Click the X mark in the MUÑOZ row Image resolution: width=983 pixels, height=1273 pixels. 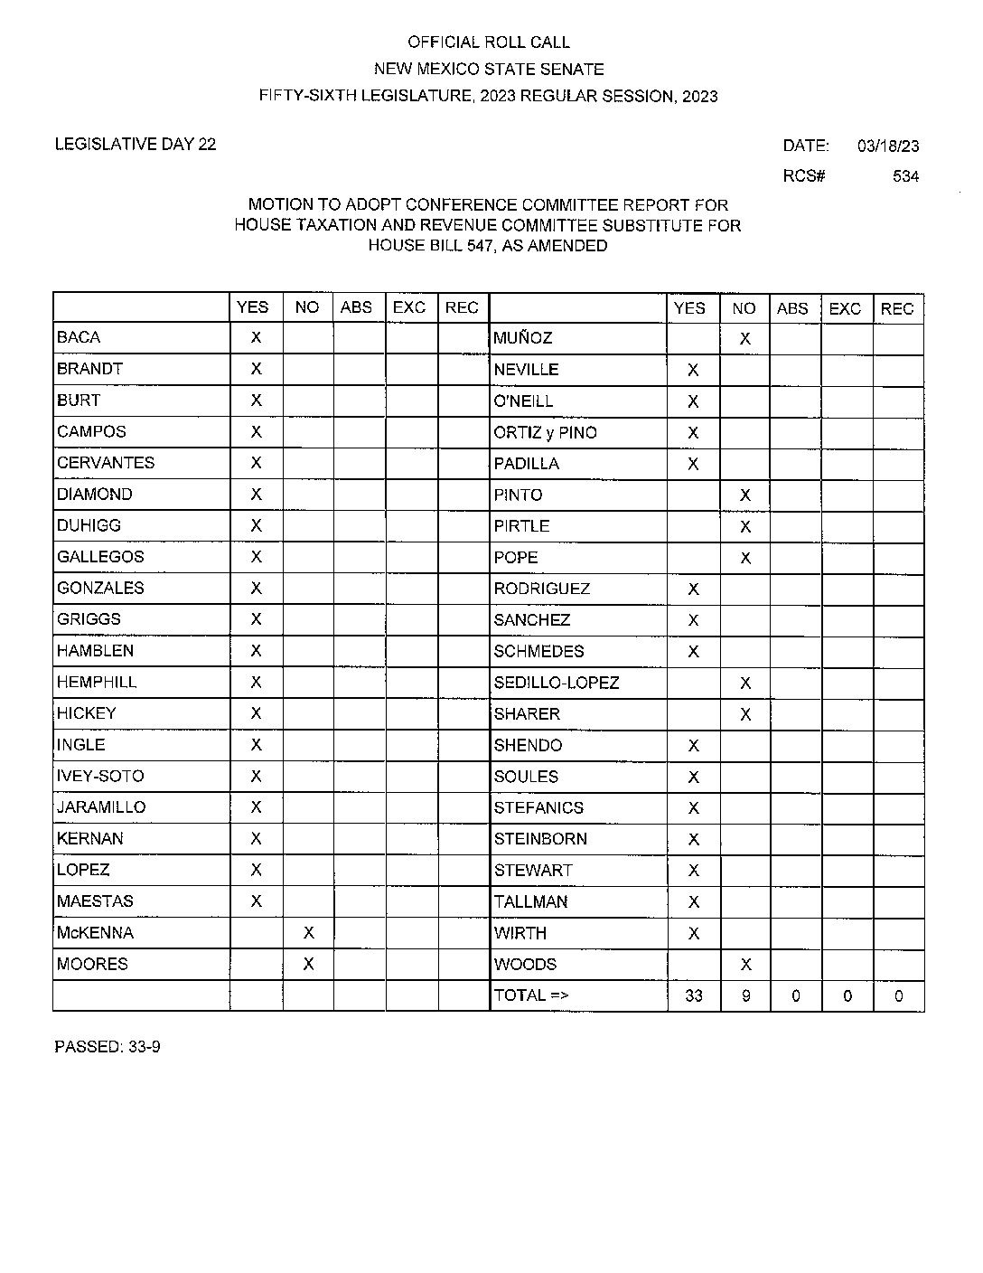coord(744,339)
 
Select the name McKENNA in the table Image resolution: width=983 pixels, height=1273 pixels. coord(95,932)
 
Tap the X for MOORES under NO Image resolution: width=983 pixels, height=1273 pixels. coord(308,964)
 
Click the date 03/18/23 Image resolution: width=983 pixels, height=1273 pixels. coord(888,146)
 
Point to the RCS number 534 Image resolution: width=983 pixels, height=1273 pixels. coord(905,176)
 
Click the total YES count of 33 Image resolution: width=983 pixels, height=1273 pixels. coord(694,996)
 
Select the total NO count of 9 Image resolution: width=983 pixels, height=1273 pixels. coord(745,996)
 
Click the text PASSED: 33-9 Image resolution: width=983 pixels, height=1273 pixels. coord(108,1047)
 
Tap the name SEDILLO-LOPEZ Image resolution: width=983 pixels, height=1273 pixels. coord(557,683)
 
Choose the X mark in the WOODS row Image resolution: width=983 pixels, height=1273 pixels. coord(745,965)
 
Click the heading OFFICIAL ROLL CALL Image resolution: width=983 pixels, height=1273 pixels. coord(489,42)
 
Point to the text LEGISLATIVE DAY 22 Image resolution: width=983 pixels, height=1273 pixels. coord(136,144)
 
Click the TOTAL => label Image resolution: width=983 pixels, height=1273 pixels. coord(531,995)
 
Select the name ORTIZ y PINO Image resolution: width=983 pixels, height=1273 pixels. coord(545,432)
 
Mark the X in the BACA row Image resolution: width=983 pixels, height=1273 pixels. coord(256,337)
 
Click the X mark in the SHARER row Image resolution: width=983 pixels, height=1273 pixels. coord(745,714)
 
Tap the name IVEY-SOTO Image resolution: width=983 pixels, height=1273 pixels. coord(100,776)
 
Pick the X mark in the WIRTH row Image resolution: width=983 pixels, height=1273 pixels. coord(694,933)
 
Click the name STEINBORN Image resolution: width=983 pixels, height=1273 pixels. coord(540,839)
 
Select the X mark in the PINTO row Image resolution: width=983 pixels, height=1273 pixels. coord(745,495)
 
